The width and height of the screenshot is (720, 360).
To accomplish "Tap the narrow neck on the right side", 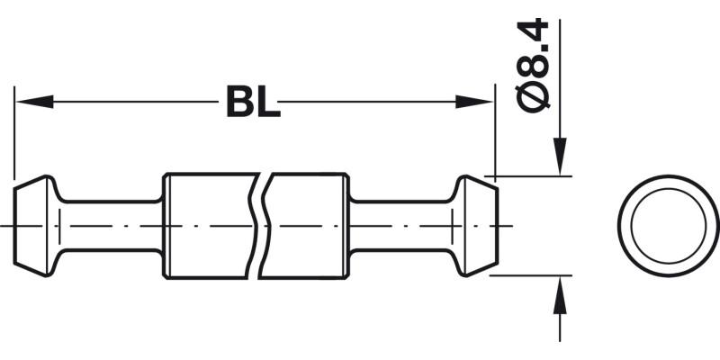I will coord(400,225).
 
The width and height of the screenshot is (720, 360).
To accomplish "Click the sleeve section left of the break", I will coord(207,225).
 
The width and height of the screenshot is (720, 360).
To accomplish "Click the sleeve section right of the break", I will coord(306,225).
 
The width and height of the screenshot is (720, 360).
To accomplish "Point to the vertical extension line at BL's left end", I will coord(14,135).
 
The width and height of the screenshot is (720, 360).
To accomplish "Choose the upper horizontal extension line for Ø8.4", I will coord(531,175).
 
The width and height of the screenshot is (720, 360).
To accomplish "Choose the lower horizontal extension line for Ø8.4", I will coord(531,275).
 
